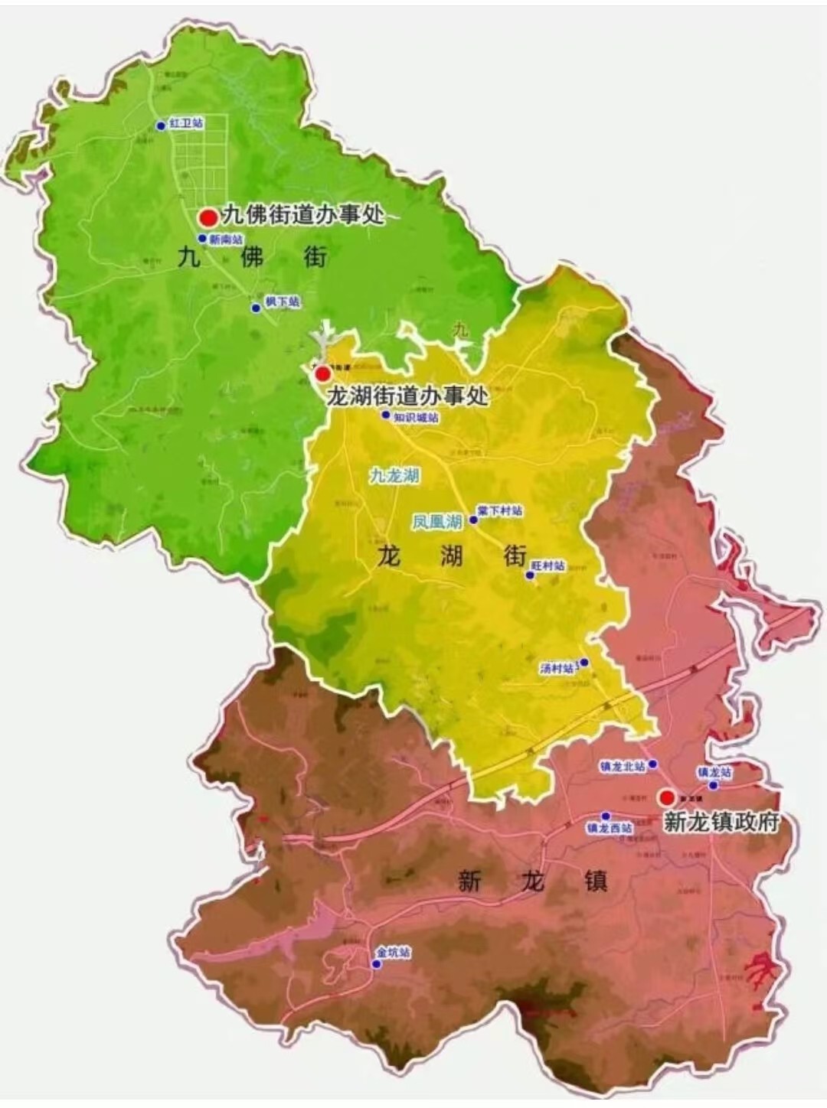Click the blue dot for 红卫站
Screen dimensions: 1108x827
[161, 125]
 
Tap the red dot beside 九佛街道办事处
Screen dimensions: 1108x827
[208, 217]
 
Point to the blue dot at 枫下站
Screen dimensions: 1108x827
[256, 308]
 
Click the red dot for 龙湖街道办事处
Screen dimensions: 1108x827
[323, 373]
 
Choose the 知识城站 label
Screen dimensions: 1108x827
[417, 418]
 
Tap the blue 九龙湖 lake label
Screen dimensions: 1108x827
[394, 475]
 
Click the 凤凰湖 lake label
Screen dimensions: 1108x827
[436, 522]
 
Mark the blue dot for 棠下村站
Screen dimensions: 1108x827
[473, 520]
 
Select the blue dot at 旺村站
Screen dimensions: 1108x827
[529, 575]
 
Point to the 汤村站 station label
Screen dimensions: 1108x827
[557, 669]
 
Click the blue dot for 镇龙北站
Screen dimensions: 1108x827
[652, 764]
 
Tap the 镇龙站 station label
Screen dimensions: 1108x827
[714, 772]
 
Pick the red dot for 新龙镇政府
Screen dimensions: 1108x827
[667, 797]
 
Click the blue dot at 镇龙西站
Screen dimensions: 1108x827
[606, 816]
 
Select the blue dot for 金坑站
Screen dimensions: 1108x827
[376, 964]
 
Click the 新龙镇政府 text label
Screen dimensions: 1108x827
[721, 822]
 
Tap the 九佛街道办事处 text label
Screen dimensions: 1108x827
[303, 215]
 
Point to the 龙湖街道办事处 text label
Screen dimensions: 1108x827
[407, 396]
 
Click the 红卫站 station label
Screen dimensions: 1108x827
[186, 122]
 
